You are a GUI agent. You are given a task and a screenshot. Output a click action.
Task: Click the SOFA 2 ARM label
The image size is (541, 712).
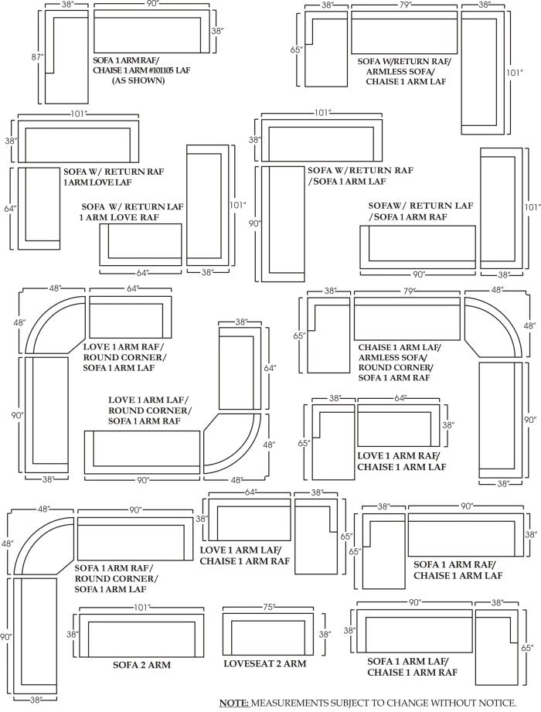[x=141, y=664]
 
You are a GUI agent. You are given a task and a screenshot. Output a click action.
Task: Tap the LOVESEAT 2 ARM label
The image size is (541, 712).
[x=264, y=663]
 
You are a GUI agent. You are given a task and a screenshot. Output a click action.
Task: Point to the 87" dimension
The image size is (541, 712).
[x=35, y=57]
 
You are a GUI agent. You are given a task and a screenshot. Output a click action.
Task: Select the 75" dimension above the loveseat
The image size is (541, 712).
[x=267, y=607]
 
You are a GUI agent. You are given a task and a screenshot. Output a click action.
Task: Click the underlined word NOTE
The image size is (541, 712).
[x=233, y=702]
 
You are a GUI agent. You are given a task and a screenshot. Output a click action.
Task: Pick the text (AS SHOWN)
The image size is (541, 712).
[x=138, y=80]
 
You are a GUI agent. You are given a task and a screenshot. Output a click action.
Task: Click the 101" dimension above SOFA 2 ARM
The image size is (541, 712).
[x=141, y=607]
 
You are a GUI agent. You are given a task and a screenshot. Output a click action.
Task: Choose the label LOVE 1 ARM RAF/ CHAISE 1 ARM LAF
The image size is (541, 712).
[x=401, y=462]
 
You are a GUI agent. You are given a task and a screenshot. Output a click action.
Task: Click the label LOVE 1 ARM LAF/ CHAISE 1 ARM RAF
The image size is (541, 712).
[x=240, y=556]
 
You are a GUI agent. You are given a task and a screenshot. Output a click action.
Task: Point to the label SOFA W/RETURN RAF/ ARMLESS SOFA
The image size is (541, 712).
[x=405, y=70]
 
